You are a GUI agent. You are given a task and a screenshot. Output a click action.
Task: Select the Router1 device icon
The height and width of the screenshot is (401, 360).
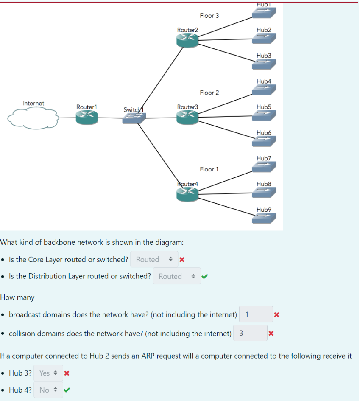coord(87,118)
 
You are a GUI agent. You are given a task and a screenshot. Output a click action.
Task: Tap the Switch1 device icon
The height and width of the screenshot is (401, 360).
coord(134,118)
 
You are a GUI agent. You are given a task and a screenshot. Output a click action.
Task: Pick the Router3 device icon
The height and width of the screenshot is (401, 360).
coord(187,118)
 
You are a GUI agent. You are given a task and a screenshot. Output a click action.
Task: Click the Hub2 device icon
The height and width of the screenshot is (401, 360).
coord(264,39)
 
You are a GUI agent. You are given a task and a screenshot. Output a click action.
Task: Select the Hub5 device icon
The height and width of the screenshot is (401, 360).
coord(264,116)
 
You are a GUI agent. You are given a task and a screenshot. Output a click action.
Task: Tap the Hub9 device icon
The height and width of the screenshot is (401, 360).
coord(264,218)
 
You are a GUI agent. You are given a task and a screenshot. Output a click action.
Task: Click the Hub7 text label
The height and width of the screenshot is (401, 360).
coord(264,158)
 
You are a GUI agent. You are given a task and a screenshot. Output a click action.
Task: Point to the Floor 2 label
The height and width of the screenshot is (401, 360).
coord(209,93)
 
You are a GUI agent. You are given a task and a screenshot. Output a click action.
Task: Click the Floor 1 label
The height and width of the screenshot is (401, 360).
coord(209,169)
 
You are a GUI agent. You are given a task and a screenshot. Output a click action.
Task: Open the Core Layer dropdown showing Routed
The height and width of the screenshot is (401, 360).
coord(154,260)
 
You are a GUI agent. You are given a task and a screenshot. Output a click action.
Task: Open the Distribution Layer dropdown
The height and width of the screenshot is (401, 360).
coord(176,276)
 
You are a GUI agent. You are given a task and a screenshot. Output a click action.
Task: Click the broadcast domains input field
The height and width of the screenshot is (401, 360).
coord(256,314)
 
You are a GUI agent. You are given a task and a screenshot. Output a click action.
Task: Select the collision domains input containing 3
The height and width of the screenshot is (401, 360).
coord(250,334)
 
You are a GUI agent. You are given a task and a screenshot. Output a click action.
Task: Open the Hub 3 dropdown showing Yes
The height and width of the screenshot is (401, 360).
coord(48,373)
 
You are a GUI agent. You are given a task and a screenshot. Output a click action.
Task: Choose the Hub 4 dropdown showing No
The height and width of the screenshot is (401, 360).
coord(48,390)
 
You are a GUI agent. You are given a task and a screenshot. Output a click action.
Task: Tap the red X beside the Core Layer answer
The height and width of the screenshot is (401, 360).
coord(182,260)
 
